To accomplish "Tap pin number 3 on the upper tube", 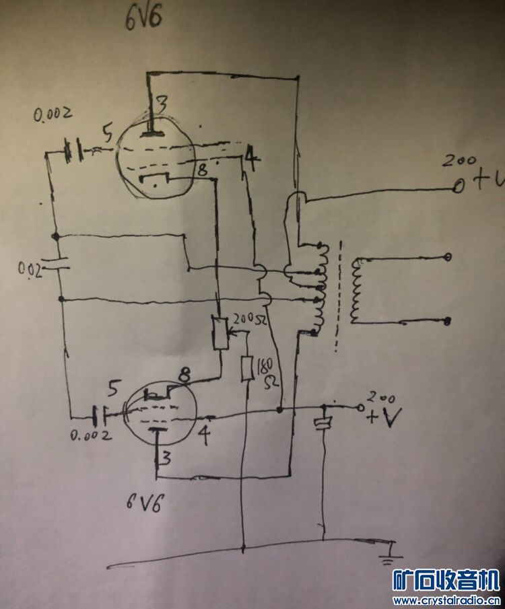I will tap(162, 104).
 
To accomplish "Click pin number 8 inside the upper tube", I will tap(201, 170).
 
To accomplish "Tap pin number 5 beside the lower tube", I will tap(114, 389).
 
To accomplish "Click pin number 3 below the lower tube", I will tap(162, 459).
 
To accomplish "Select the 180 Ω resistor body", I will tap(247, 368).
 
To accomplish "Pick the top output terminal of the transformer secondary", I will tap(448, 258).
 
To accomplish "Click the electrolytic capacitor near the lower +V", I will tap(325, 423).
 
